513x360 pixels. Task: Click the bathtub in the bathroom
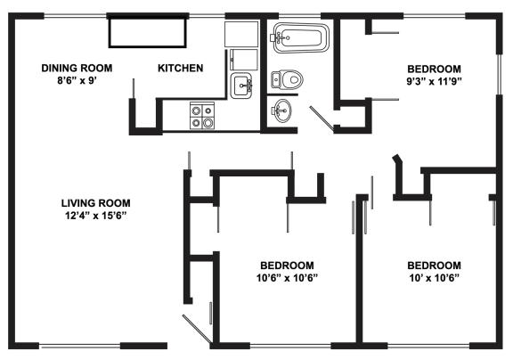point(301,37)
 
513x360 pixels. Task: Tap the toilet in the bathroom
point(287,79)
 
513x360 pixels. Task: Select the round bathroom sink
point(281,111)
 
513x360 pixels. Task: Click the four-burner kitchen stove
point(202,115)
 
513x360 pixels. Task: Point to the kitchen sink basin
point(241,86)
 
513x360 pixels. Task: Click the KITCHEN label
point(180,68)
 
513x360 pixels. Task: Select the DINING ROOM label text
point(77,68)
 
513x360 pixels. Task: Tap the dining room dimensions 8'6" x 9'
point(77,80)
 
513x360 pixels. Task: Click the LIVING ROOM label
point(95,203)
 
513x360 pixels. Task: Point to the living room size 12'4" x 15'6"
point(95,216)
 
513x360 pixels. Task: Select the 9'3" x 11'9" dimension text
point(434,81)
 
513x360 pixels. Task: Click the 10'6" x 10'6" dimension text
point(287,278)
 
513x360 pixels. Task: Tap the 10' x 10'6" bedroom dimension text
point(434,278)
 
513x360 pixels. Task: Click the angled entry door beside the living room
point(197,329)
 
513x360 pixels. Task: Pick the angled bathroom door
point(322,117)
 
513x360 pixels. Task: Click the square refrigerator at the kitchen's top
point(241,35)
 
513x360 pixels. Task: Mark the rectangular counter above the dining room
point(148,33)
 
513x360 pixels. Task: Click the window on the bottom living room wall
point(80,346)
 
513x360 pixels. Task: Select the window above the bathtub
point(299,16)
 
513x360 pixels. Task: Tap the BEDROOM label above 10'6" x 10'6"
point(287,266)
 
